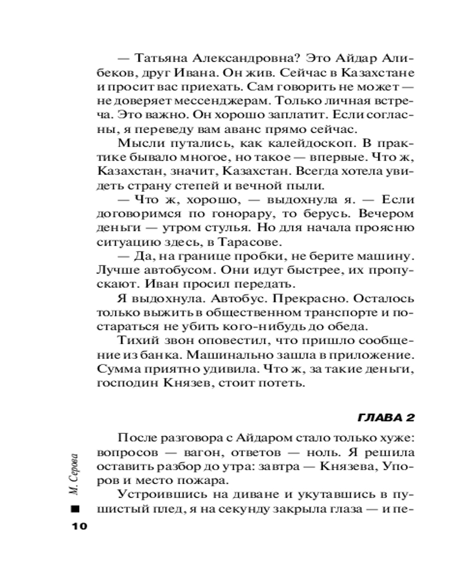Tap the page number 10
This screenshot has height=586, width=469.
click(79, 526)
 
